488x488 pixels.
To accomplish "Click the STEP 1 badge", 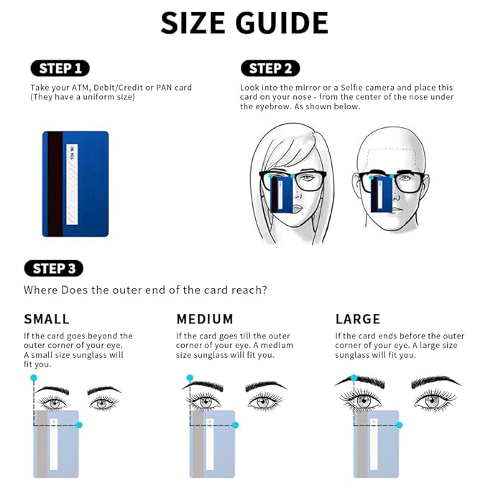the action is (x=60, y=68).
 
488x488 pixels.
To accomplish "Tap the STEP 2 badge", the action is (x=270, y=68).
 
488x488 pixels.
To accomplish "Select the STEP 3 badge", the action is (x=53, y=268).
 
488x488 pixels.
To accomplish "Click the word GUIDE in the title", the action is (x=282, y=23).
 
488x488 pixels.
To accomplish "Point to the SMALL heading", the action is (x=47, y=319).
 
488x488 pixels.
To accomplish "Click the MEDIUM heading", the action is (x=205, y=319).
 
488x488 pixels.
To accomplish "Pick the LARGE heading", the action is (x=358, y=319).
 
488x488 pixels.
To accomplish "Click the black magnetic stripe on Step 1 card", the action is (x=55, y=184).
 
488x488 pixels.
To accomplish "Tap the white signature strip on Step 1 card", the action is (x=72, y=184).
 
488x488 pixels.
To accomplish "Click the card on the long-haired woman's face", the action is (x=281, y=195).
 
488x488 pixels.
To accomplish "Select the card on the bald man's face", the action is (x=382, y=195).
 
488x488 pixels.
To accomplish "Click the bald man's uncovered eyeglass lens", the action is (x=405, y=183).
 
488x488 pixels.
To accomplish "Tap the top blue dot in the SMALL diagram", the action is (x=34, y=378).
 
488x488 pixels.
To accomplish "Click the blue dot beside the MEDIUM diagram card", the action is (x=235, y=425).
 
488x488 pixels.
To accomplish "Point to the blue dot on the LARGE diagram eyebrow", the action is (x=354, y=378).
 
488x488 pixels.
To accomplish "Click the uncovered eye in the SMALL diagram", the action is (x=103, y=404).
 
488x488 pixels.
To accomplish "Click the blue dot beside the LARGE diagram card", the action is (x=399, y=425).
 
